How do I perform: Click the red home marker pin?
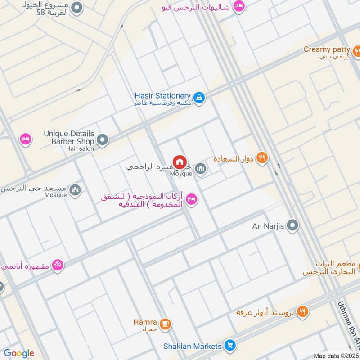point(179,162)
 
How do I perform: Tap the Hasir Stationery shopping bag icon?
point(199,97)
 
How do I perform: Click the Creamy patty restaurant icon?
point(357,49)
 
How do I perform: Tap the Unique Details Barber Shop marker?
point(103,140)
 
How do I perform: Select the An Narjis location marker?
point(293,226)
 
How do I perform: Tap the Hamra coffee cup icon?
point(166,324)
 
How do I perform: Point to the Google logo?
point(19,353)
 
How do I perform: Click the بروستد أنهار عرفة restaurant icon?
point(303,311)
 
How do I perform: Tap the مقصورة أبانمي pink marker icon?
point(57,265)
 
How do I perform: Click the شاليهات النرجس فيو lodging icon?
point(239,7)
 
